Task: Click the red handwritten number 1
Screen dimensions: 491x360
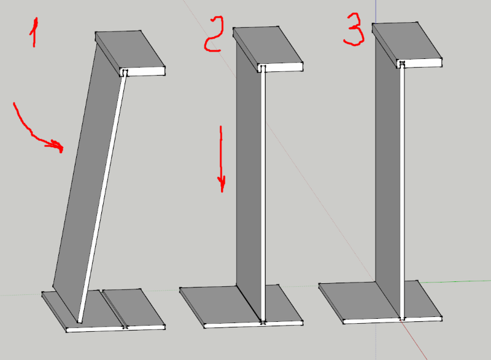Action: (34, 33)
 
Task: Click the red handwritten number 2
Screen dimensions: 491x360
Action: (214, 34)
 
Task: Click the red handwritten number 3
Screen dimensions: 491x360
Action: (354, 29)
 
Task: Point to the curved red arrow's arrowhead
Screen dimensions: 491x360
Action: (58, 146)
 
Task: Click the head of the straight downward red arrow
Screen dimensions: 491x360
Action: (222, 184)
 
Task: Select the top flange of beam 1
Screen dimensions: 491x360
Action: (130, 53)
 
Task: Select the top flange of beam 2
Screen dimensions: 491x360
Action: (268, 49)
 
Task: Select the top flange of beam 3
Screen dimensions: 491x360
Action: (407, 45)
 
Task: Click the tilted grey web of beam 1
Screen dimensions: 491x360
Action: (89, 182)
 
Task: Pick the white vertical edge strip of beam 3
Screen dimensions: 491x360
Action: (402, 191)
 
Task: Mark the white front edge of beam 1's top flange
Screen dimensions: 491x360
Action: (143, 71)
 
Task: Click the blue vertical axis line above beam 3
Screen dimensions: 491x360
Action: (376, 11)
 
